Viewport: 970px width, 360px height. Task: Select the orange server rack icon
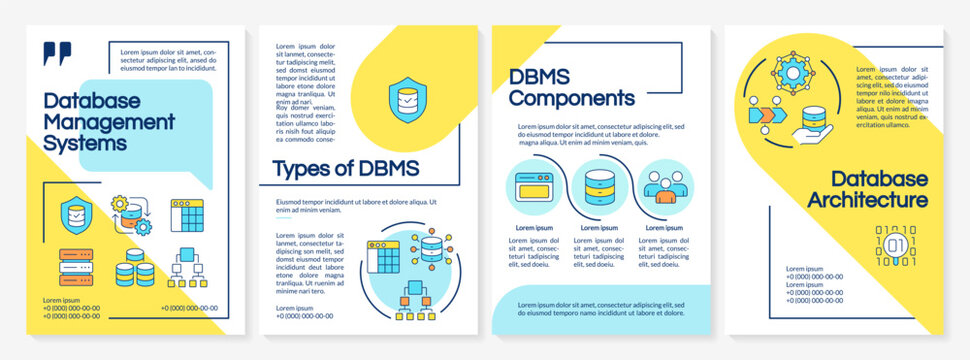point(76,267)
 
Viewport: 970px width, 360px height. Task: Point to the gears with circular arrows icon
point(131,214)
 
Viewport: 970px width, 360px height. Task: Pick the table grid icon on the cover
point(188,215)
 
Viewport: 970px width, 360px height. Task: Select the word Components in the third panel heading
point(572,98)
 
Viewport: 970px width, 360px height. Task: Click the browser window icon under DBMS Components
point(536,188)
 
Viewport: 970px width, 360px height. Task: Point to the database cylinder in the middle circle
point(599,188)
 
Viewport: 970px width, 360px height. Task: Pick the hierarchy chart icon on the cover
point(187,269)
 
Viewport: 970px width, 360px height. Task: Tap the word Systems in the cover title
point(85,143)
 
